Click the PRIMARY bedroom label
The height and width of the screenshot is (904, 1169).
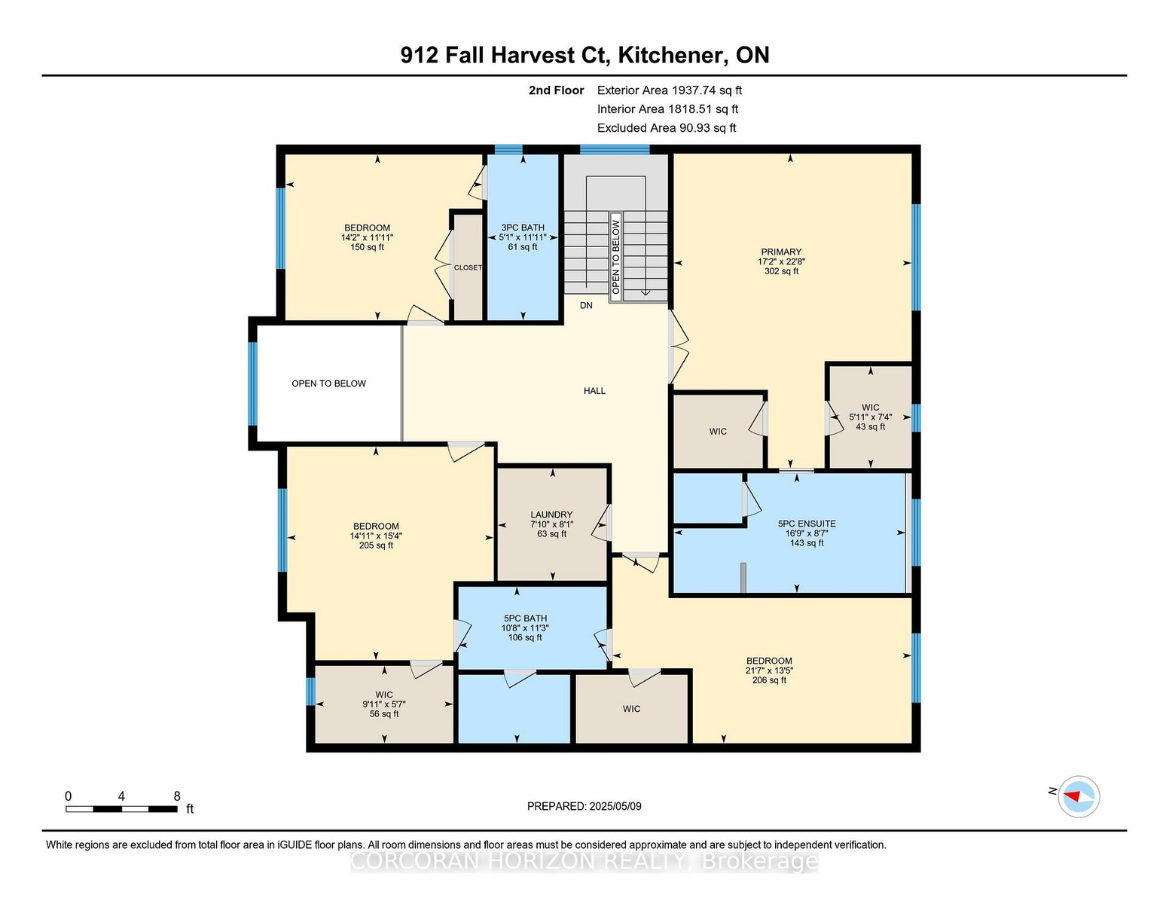tap(781, 252)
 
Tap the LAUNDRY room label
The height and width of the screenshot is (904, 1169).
tap(551, 515)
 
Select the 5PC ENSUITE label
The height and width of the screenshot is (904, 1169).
tap(807, 524)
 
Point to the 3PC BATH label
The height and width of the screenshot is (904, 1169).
tap(523, 228)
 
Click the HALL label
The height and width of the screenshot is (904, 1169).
tap(594, 391)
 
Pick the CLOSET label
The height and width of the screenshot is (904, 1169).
tap(468, 267)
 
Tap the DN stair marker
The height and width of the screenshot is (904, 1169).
tap(586, 305)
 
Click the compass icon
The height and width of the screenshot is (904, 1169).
tap(1078, 796)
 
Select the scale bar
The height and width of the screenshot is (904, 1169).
tap(121, 809)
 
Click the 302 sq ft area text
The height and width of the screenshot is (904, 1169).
tap(781, 271)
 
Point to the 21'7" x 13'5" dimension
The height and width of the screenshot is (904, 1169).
tap(769, 670)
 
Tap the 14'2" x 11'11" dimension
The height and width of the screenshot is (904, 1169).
tap(367, 237)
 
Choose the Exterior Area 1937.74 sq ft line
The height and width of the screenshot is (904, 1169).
tap(669, 90)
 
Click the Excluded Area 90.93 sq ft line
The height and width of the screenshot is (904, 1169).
tap(667, 128)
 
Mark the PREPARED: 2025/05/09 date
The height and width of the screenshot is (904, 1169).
tap(584, 806)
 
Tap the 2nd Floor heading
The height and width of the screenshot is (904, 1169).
tap(557, 90)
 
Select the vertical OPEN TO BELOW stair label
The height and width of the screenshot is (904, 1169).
tap(615, 257)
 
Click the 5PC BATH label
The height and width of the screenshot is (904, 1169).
tap(525, 618)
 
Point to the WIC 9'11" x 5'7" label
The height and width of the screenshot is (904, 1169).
tap(383, 704)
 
